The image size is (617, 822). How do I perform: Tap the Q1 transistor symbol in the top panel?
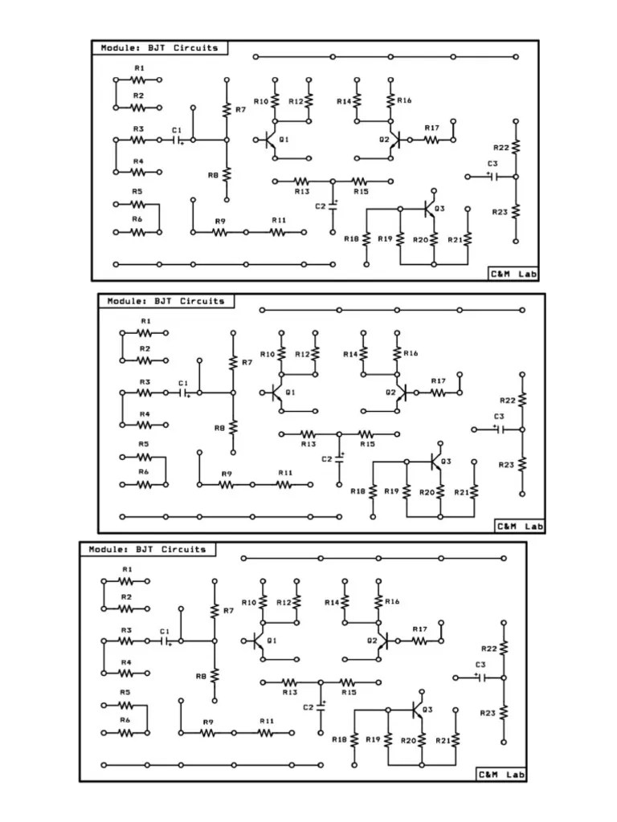click(269, 140)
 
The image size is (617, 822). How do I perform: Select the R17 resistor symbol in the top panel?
click(432, 140)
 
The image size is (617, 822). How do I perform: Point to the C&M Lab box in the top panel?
click(513, 274)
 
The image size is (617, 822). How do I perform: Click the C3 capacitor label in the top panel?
click(492, 164)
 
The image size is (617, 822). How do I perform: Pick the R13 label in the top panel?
click(302, 192)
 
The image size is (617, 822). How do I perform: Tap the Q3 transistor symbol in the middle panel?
click(434, 462)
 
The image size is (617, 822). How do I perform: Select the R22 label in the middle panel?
click(507, 400)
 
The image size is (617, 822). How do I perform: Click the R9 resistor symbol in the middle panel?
click(227, 484)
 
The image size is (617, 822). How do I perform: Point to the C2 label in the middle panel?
click(326, 459)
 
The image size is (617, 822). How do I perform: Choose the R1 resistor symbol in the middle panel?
click(145, 332)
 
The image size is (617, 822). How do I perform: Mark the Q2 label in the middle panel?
click(390, 393)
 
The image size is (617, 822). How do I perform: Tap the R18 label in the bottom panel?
click(339, 739)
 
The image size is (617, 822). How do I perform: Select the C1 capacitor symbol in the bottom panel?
click(167, 641)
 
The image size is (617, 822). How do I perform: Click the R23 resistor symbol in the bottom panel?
click(504, 712)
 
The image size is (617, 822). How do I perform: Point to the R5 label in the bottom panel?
click(125, 692)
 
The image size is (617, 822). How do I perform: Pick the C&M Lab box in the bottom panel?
click(501, 775)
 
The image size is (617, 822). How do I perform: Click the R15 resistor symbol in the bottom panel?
click(349, 682)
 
